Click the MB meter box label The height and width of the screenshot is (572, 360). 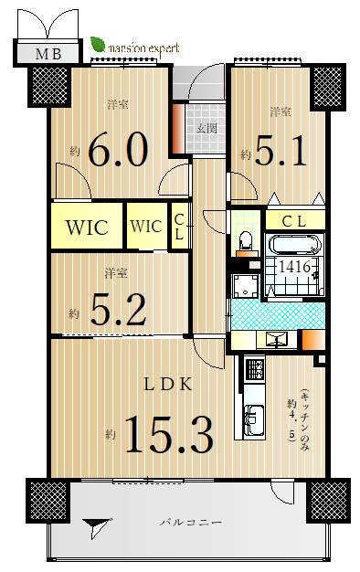click(x=48, y=54)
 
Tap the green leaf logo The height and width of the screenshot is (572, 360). click(x=98, y=45)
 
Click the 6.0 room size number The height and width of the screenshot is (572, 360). click(x=118, y=150)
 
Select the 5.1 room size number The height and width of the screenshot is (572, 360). click(x=281, y=151)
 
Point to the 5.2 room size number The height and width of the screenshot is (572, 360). click(x=118, y=310)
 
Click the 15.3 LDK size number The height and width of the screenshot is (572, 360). click(x=169, y=434)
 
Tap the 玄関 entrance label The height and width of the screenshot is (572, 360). click(x=206, y=128)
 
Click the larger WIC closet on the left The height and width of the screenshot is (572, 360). click(x=87, y=227)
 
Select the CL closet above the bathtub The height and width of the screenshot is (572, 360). click(x=295, y=221)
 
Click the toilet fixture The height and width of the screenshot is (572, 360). click(x=245, y=241)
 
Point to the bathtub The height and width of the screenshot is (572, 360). click(x=294, y=245)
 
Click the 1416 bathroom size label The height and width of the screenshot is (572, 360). click(x=294, y=267)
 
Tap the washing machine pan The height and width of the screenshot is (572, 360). click(x=245, y=286)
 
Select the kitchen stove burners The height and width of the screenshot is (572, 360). click(x=254, y=369)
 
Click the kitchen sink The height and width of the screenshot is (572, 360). click(x=254, y=419)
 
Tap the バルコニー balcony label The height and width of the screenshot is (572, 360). click(x=191, y=523)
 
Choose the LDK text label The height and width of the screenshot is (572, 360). click(x=168, y=385)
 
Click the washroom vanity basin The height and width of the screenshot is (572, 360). click(x=277, y=340)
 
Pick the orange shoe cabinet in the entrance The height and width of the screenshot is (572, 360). click(x=178, y=129)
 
